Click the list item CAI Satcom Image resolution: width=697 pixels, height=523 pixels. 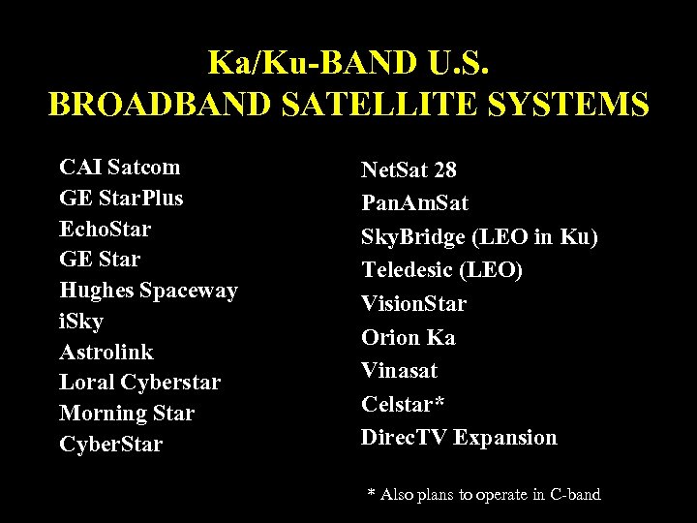pos(119,167)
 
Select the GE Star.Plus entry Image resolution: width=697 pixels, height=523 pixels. pos(121,198)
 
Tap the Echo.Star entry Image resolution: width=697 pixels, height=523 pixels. pos(105,229)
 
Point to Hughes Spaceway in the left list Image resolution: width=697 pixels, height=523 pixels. pos(148,290)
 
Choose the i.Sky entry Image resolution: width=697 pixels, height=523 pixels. pos(81,321)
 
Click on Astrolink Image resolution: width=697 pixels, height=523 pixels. pos(106,352)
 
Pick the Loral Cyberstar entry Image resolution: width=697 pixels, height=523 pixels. pos(139,383)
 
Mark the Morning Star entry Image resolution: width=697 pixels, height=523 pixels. pos(127,414)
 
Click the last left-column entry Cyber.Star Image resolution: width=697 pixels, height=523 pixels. pos(110,445)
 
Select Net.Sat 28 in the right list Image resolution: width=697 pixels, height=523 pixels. pos(409,170)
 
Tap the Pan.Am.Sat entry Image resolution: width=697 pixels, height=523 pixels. pos(414,203)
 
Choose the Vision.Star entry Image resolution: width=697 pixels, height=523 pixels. pos(413,304)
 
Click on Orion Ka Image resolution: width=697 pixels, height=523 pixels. pos(408,337)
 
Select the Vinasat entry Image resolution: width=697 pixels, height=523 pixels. pos(399,371)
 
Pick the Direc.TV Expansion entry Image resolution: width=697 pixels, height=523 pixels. pos(459,437)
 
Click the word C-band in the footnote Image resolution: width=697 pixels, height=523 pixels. pos(575,494)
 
